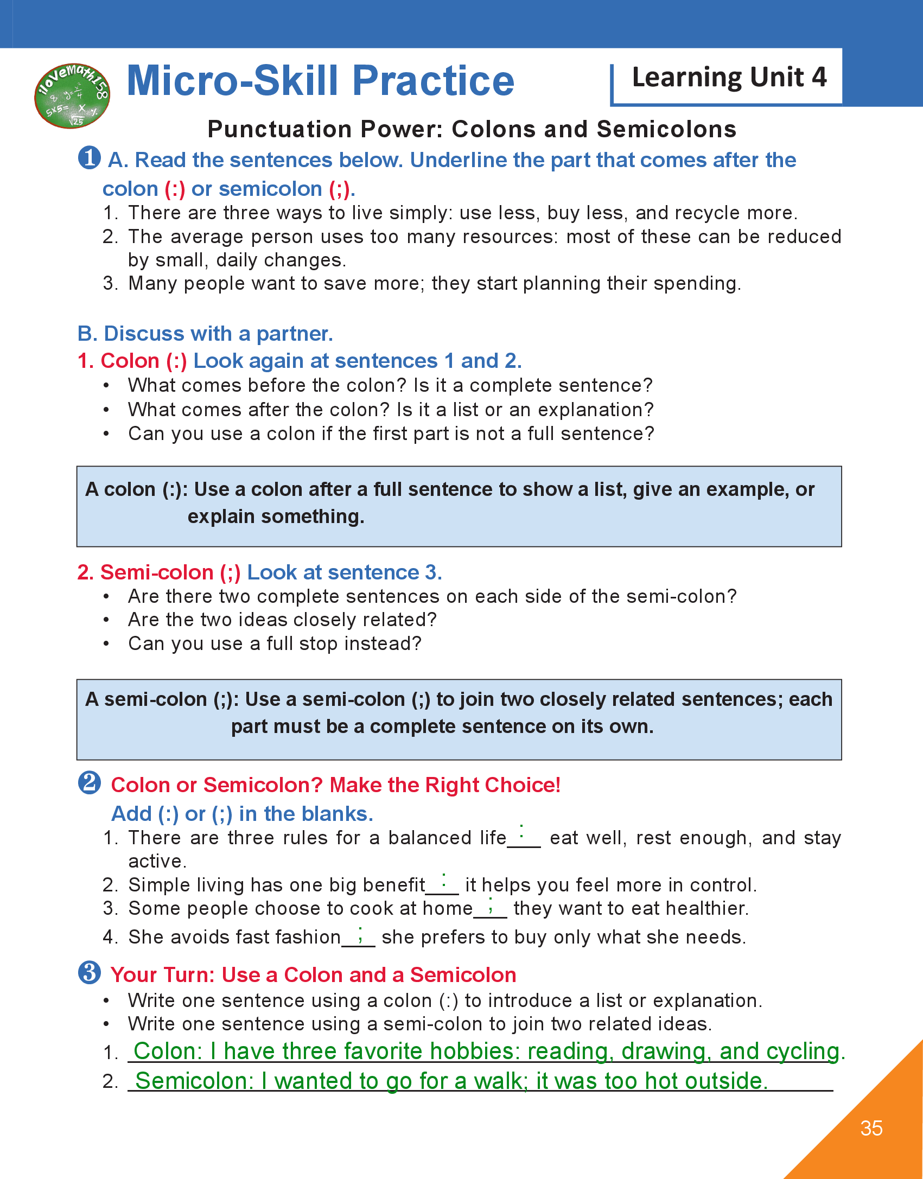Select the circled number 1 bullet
point(90,158)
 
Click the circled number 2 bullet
point(90,783)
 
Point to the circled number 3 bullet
point(90,973)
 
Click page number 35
point(871,1129)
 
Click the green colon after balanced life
point(521,831)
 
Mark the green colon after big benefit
point(444,880)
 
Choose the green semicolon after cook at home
point(491,904)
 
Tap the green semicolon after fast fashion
point(360,935)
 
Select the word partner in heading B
point(294,334)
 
